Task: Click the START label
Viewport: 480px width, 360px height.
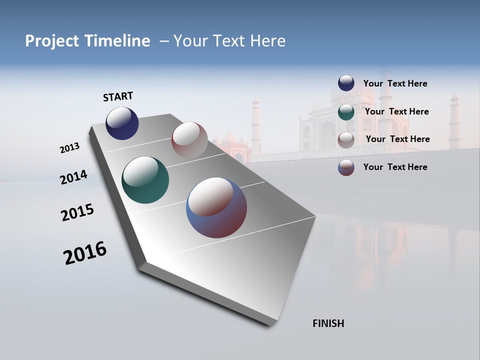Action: click(x=118, y=96)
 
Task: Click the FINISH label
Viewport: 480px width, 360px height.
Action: click(x=328, y=323)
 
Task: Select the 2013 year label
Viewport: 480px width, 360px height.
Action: click(x=69, y=148)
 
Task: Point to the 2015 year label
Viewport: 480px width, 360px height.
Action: click(x=77, y=212)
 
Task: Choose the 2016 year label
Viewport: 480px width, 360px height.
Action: click(x=85, y=253)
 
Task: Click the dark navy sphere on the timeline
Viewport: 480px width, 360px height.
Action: click(x=122, y=123)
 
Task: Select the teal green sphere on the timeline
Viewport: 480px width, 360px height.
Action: click(x=145, y=180)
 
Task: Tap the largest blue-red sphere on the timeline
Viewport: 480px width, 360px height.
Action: click(x=216, y=207)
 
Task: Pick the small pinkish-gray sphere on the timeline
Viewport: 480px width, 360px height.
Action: click(x=189, y=139)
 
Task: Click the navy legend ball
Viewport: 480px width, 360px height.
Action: click(x=346, y=83)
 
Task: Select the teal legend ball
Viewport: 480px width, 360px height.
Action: click(x=346, y=112)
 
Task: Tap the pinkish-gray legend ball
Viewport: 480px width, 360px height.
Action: click(x=346, y=139)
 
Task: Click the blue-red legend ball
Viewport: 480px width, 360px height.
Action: click(x=346, y=167)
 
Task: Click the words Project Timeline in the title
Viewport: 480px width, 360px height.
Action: click(x=87, y=41)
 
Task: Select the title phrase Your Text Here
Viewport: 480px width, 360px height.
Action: click(x=229, y=41)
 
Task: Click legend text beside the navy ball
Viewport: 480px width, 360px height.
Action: click(x=395, y=83)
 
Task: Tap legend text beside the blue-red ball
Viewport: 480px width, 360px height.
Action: click(x=395, y=167)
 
